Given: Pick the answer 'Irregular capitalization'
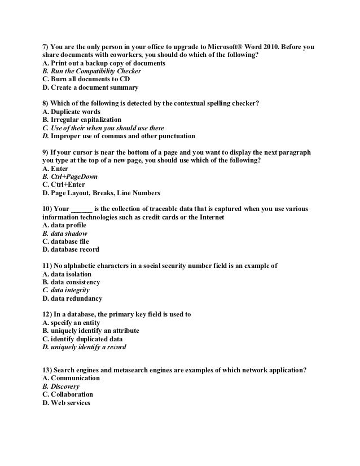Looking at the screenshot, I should [x=81, y=120].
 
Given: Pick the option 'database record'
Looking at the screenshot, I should [x=71, y=249].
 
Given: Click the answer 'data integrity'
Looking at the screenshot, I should [x=66, y=290].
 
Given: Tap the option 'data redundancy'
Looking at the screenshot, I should [x=72, y=298].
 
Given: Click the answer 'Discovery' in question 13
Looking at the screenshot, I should [x=60, y=386].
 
